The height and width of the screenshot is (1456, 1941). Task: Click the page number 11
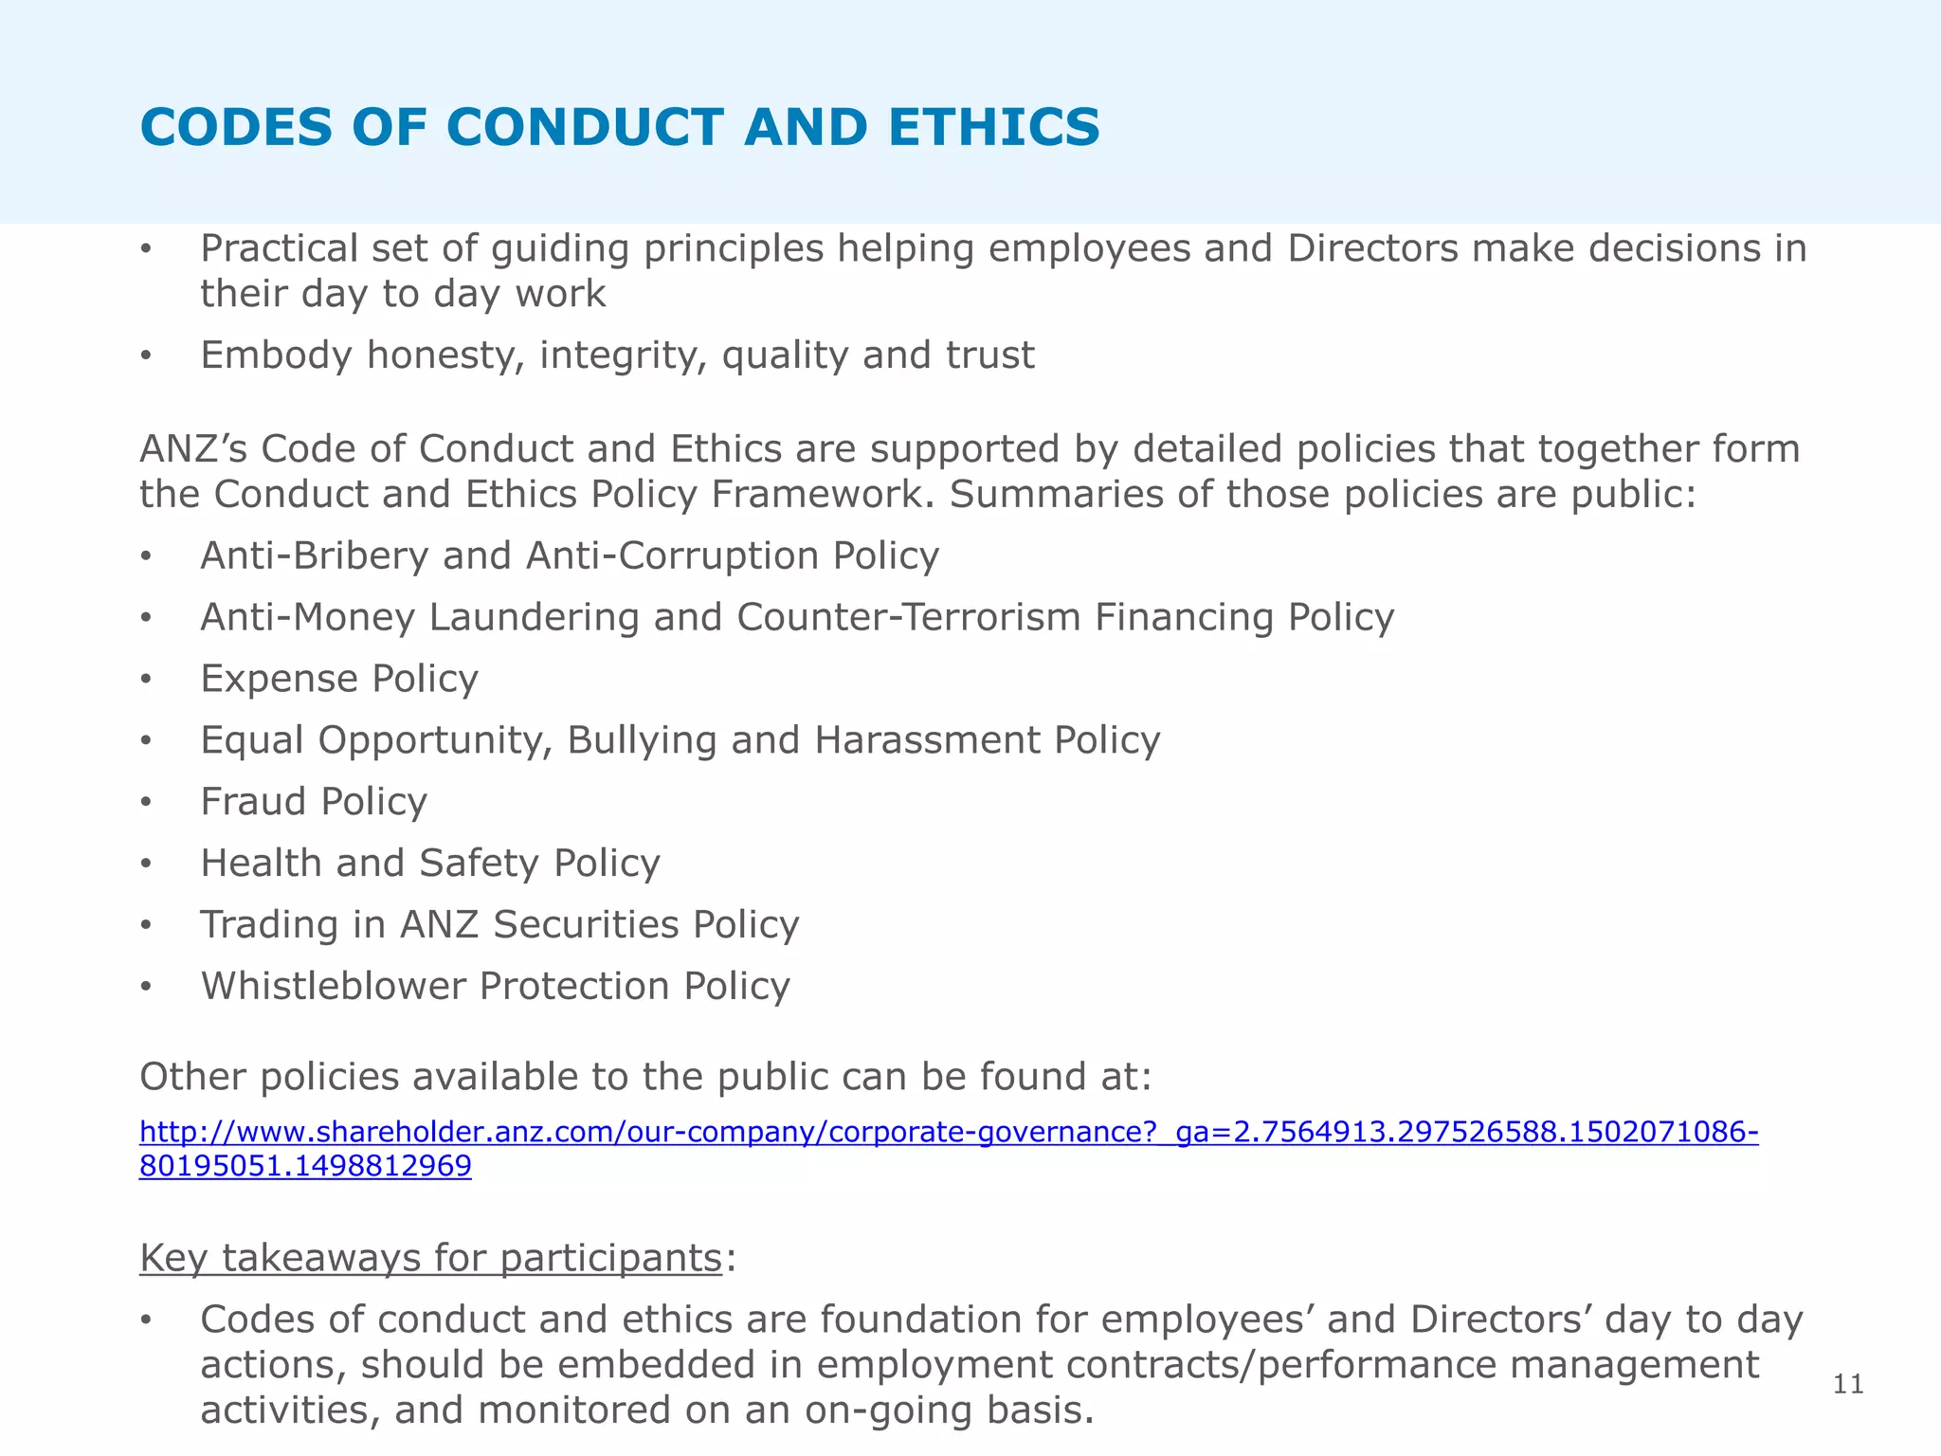1848,1385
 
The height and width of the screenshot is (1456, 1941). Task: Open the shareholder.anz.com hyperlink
948,1132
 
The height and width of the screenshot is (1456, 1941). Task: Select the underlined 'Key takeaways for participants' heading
431,1258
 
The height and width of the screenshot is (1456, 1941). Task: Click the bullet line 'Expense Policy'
339,679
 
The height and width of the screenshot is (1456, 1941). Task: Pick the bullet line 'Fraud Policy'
314,802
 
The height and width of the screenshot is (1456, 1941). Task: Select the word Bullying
642,740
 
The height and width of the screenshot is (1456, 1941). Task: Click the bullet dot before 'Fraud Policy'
145,803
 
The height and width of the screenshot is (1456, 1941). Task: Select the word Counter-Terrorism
909,617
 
